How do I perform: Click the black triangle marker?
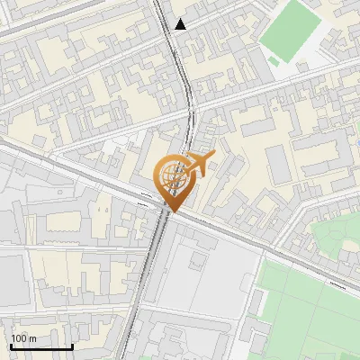pyautogui.click(x=181, y=24)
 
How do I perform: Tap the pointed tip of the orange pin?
pyautogui.click(x=169, y=211)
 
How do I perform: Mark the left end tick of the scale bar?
pyautogui.click(x=11, y=346)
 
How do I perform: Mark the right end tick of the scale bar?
pyautogui.click(x=72, y=346)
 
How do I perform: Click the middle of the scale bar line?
pyautogui.click(x=41, y=347)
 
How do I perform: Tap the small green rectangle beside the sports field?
pyautogui.click(x=273, y=61)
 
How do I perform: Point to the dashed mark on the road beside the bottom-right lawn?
pyautogui.click(x=337, y=282)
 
